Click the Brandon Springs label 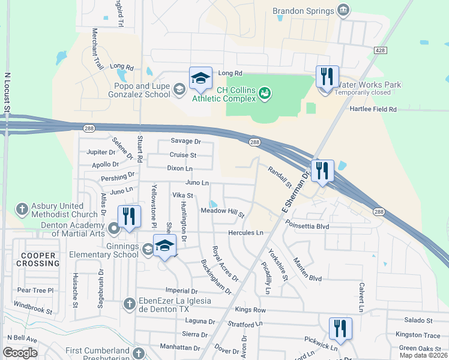(x=303, y=11)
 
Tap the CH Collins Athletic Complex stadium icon (x=265, y=92)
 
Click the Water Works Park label (x=368, y=85)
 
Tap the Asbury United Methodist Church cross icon (x=22, y=209)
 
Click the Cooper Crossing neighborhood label (x=37, y=259)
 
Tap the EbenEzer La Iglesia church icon (x=128, y=304)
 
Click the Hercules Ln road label (x=246, y=232)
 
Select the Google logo (x=20, y=353)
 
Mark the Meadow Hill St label (x=222, y=212)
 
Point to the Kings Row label (x=250, y=310)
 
